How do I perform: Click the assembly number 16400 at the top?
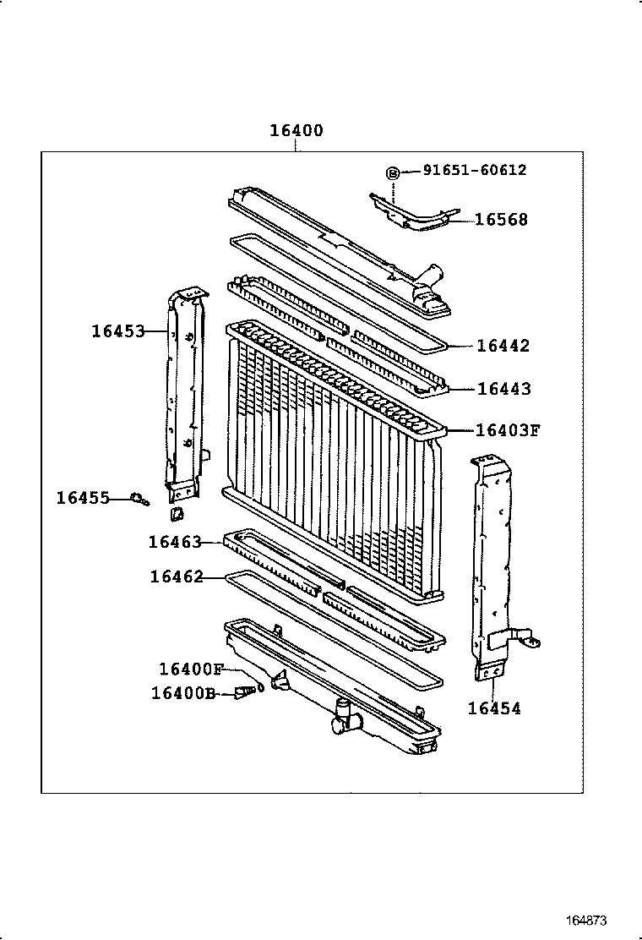point(296,131)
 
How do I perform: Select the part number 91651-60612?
point(474,170)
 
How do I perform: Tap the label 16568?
point(501,220)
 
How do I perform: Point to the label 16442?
point(503,346)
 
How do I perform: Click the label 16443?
point(504,389)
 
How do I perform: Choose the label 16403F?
point(507,430)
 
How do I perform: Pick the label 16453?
point(118,331)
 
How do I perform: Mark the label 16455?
point(83,498)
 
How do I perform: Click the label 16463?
point(175,542)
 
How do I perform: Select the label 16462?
point(177,577)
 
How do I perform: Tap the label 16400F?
point(190,669)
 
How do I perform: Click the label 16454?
point(494,708)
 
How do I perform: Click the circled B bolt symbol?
point(393,172)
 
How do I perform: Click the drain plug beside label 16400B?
point(245,692)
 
